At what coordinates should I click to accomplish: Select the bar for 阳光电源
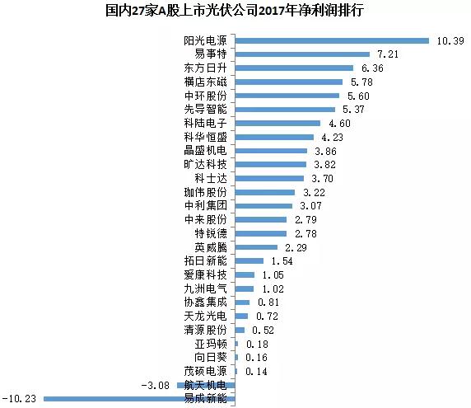click(332, 40)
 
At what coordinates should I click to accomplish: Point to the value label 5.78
click(358, 82)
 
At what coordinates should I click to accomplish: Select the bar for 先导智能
click(285, 109)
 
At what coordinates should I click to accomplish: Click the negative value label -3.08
click(154, 385)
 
